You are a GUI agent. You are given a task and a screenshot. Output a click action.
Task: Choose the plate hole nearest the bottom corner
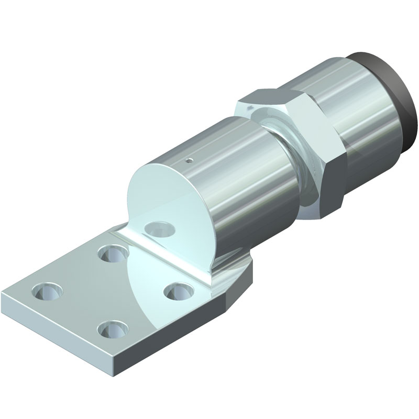coord(111,329)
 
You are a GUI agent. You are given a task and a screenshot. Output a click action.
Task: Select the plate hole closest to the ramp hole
coord(111,253)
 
